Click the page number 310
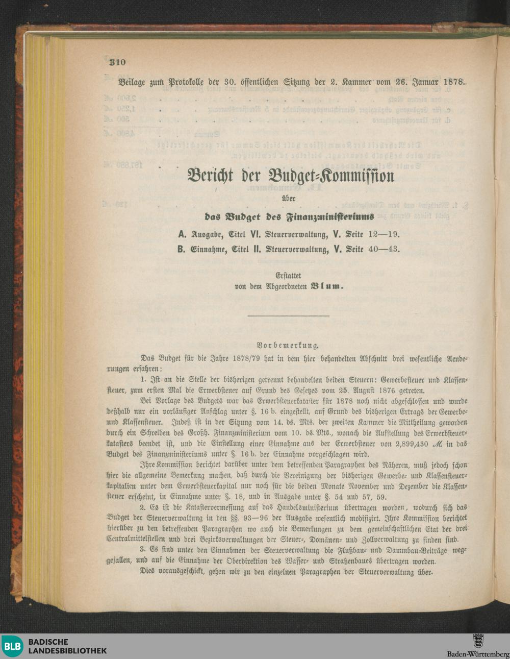pos(117,63)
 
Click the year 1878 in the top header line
pos(452,82)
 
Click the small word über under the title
pos(289,197)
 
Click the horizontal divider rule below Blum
pos(289,316)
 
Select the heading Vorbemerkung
pos(289,345)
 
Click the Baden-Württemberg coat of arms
pos(478,641)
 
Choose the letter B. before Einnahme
pos(181,250)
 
